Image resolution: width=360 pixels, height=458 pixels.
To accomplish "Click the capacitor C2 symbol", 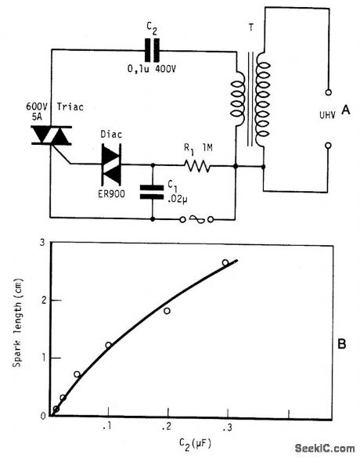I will click(152, 51).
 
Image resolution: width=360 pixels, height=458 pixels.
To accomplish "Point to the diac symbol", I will click(112, 165).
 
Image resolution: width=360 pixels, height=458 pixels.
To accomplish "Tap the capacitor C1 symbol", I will click(152, 192).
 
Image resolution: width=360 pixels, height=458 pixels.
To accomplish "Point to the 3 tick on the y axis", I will click(42, 243).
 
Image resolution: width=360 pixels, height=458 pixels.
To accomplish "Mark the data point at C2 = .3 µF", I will click(225, 263).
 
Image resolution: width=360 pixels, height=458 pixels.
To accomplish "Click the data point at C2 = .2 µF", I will click(167, 311).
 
